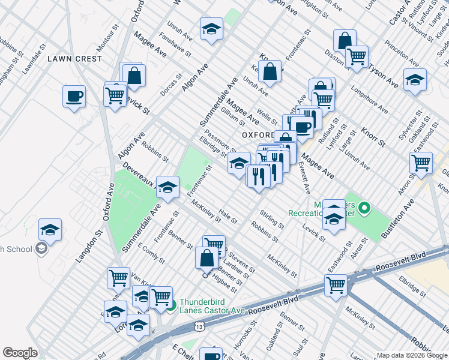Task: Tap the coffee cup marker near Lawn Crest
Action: [74, 97]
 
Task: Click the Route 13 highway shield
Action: [199, 325]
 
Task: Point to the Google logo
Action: [20, 353]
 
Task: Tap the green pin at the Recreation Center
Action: [364, 209]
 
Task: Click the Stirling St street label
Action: [273, 219]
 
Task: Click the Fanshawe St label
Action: [179, 46]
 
